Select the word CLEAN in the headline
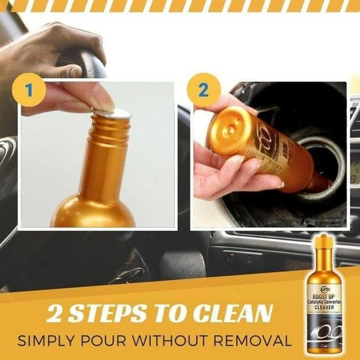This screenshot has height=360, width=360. (230, 313)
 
